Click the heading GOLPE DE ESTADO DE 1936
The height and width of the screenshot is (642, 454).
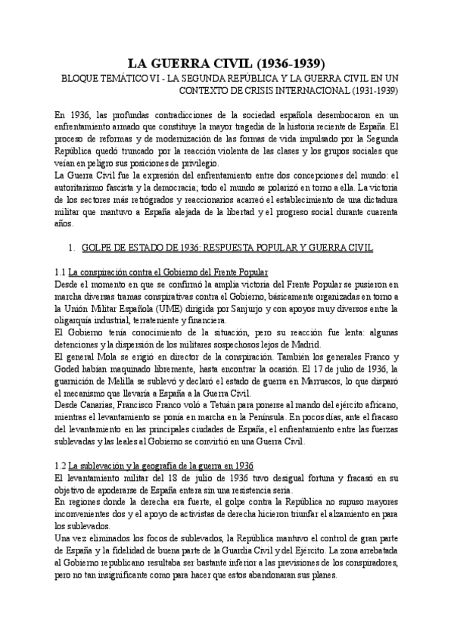148,248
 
